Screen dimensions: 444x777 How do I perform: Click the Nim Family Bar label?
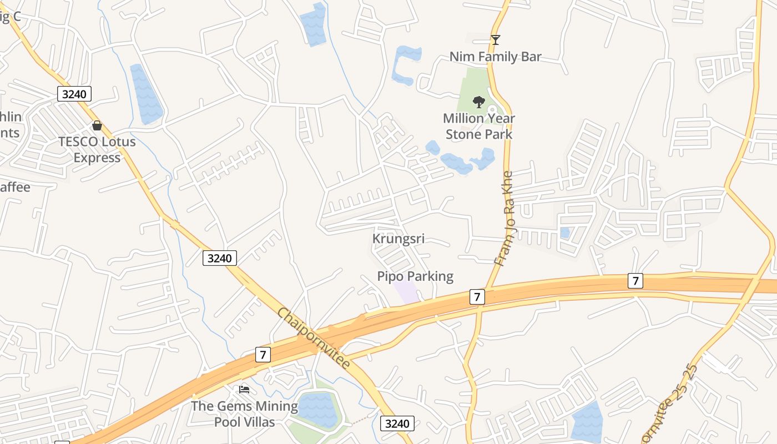click(495, 57)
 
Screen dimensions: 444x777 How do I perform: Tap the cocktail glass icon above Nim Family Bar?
click(496, 40)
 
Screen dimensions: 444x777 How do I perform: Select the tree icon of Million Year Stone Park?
click(478, 102)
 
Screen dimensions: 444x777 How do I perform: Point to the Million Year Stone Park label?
click(479, 126)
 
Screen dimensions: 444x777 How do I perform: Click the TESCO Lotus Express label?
click(97, 149)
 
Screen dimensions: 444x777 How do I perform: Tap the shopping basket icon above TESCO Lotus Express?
click(97, 125)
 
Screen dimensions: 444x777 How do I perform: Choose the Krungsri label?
click(398, 239)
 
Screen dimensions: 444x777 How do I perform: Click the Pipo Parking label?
click(415, 276)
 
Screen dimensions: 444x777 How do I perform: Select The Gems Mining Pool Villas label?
click(244, 413)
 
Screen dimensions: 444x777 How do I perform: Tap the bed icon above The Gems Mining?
click(244, 390)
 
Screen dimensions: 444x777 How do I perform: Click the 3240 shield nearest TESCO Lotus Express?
click(74, 94)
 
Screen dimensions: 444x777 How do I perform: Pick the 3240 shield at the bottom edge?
click(397, 424)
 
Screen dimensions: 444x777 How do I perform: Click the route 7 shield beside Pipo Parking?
click(477, 296)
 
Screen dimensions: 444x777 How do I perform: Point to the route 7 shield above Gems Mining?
click(263, 354)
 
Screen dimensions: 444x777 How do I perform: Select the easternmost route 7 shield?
click(635, 281)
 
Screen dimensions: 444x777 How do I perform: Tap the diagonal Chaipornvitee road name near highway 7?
click(314, 338)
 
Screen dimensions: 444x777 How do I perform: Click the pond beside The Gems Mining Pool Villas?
click(319, 409)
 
